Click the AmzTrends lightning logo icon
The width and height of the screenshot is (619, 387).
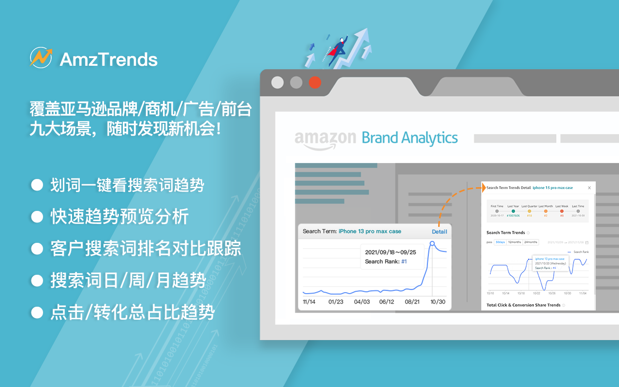41,58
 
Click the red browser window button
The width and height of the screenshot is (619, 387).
315,82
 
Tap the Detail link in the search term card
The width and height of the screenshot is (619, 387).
439,231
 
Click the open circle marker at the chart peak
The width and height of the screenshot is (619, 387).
432,244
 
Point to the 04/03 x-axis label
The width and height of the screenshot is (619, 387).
362,301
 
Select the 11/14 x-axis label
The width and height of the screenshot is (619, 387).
309,301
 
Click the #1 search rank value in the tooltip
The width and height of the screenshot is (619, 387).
404,262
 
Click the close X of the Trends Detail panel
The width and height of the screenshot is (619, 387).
589,188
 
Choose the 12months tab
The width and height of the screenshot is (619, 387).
514,242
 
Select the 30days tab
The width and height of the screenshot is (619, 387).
500,242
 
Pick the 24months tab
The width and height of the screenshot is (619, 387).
531,242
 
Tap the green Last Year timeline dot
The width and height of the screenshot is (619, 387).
513,211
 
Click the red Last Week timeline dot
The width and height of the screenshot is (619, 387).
561,211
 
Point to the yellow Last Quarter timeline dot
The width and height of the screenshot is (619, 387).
529,211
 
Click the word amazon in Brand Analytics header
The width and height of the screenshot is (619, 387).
325,139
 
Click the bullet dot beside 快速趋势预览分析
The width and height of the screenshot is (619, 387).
37,217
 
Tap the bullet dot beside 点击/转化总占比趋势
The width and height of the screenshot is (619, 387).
37,313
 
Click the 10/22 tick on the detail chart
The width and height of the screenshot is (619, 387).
536,293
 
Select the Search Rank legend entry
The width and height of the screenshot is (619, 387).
580,252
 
